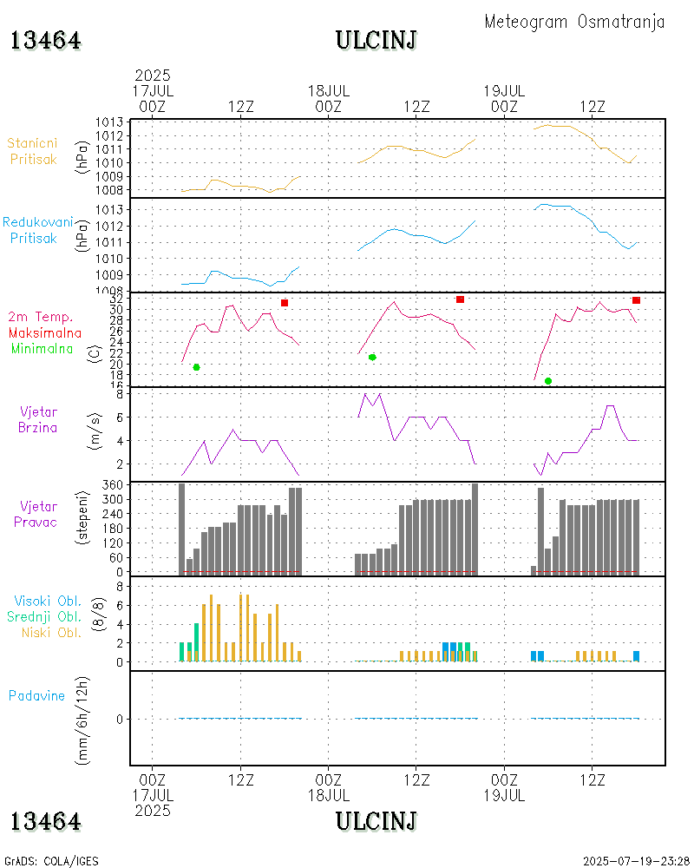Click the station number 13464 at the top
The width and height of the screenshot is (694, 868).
tap(46, 41)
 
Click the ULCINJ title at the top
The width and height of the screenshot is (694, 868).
tap(376, 40)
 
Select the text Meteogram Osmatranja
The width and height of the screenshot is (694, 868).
tap(574, 22)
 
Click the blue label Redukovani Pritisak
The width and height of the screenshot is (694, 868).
tap(38, 230)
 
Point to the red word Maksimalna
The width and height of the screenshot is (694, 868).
tap(45, 332)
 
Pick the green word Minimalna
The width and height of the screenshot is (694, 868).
tap(43, 348)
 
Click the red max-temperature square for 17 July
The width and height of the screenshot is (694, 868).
tap(284, 303)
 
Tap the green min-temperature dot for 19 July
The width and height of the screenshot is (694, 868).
tap(548, 381)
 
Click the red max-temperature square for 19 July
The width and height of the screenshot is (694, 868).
tap(636, 300)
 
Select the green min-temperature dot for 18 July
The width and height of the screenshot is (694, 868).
tap(372, 357)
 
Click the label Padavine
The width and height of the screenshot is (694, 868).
tap(36, 695)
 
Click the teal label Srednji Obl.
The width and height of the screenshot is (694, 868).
tap(43, 616)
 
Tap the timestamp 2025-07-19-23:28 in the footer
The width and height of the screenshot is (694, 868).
tap(635, 861)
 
